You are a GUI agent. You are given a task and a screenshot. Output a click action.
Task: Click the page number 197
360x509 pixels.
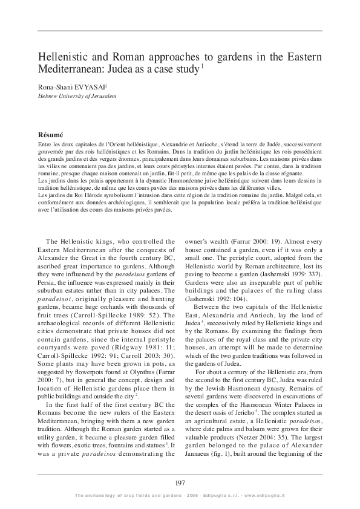(x=180, y=481)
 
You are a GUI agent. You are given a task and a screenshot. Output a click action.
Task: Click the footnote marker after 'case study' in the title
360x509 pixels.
(x=202, y=66)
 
